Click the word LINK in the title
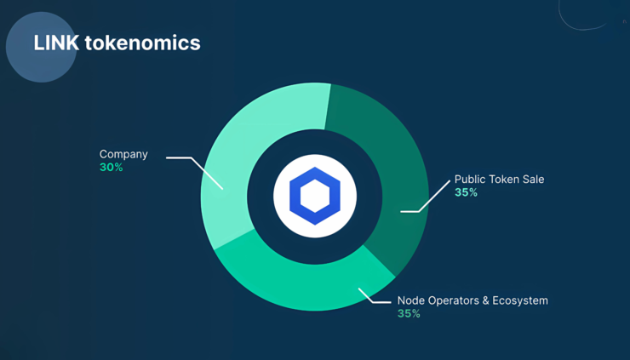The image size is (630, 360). (56, 43)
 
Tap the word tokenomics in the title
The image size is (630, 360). (143, 43)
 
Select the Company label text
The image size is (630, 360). (123, 155)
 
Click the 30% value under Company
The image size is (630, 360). (111, 168)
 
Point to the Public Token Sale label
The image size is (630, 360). (499, 180)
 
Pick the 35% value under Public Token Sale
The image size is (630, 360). (466, 192)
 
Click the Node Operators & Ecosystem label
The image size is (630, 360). (472, 300)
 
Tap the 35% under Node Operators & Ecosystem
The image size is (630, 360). (409, 314)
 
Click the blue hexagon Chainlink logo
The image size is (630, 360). (315, 196)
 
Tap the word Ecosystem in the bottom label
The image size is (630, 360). (520, 300)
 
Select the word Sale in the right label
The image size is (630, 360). (533, 180)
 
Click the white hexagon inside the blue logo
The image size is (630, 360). (315, 196)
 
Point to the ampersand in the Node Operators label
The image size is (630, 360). (485, 300)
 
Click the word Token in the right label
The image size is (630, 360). (504, 180)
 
